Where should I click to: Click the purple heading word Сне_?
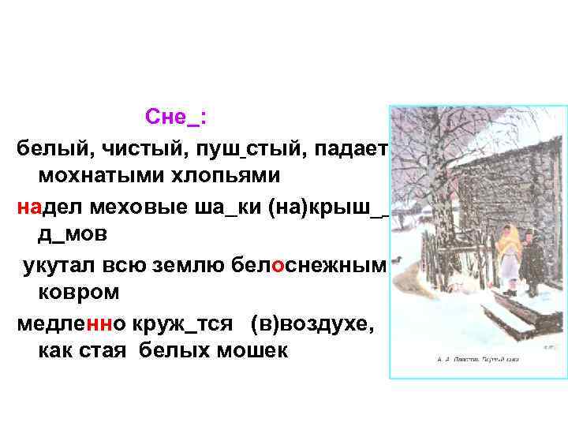[176, 118]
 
